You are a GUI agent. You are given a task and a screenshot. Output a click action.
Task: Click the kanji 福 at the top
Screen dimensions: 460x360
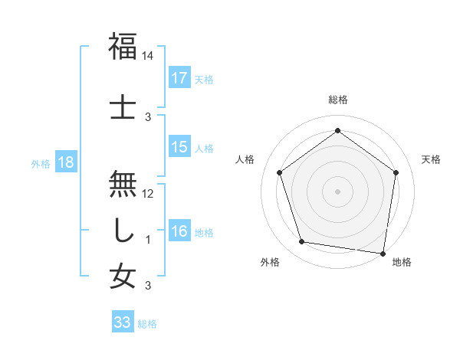123,47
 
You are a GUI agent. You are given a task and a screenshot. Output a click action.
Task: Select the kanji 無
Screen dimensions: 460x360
123,185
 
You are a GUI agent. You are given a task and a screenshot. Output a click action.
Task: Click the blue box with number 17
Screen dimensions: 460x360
179,78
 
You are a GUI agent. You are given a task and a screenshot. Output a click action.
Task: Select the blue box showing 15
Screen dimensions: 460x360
179,147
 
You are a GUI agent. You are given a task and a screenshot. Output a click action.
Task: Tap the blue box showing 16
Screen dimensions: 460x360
179,231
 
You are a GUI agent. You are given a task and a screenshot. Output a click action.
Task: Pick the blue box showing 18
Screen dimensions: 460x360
66,162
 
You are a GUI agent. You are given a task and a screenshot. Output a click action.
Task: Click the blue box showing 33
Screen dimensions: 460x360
122,322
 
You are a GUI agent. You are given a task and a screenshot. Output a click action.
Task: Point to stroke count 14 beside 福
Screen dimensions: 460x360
148,56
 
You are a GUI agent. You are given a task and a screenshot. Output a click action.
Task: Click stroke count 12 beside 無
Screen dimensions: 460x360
148,194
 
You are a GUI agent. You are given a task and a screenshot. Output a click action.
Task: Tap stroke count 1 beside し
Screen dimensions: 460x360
148,240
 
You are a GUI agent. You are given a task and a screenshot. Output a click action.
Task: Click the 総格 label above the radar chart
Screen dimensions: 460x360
337,100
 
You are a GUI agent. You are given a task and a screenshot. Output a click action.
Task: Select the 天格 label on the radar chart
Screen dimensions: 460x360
431,159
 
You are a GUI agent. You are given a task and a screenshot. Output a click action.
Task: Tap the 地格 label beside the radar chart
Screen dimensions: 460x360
402,263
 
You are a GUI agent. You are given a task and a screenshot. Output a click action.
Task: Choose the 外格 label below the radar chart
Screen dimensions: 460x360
270,263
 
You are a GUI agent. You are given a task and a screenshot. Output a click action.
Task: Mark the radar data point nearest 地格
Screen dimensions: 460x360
383,253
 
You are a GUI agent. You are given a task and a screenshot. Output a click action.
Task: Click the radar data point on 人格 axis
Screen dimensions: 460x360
279,172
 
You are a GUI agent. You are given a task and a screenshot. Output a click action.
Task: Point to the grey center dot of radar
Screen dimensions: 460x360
337,191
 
